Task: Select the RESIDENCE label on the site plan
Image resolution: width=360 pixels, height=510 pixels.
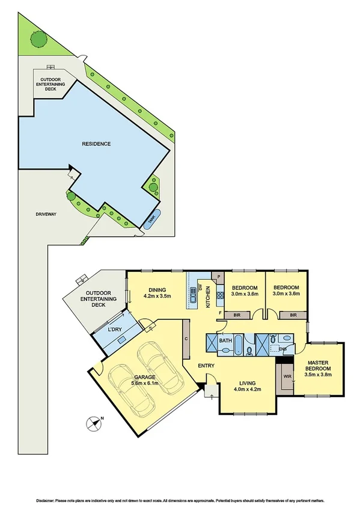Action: [96, 144]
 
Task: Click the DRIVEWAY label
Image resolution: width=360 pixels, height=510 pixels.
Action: [29, 214]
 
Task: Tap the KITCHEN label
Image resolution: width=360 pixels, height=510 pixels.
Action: [209, 296]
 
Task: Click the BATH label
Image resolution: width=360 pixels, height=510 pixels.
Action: [225, 340]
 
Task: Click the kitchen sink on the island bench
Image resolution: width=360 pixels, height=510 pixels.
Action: [194, 296]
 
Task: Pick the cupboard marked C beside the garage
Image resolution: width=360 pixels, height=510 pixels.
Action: [187, 340]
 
